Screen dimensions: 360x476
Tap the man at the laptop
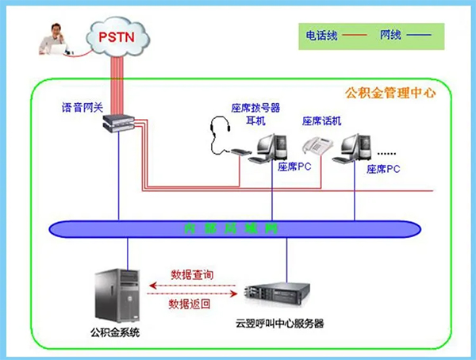tap(56, 40)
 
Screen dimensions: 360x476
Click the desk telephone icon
tap(317, 145)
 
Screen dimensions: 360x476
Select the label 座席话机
tap(321, 121)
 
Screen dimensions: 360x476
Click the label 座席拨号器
tap(255, 109)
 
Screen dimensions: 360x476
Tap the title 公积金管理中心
tap(390, 93)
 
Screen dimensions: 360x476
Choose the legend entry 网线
tap(393, 36)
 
